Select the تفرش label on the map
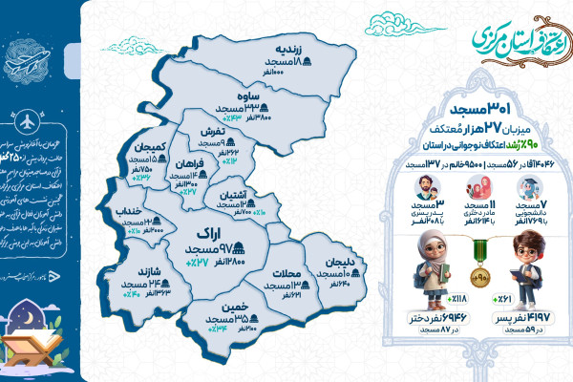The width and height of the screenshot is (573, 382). click(212, 131)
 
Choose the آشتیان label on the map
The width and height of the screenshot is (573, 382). click(235, 195)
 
